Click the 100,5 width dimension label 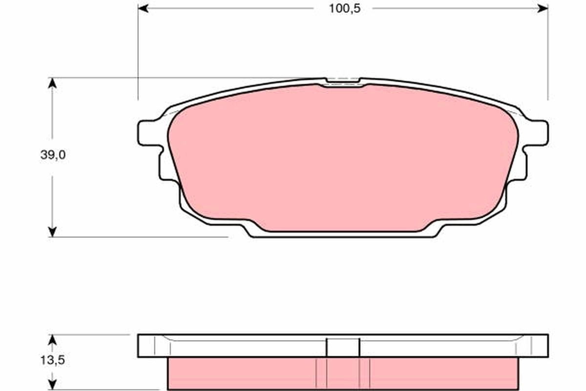344,9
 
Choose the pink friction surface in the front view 342,156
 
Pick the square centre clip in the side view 343,348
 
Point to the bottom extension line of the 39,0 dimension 146,237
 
